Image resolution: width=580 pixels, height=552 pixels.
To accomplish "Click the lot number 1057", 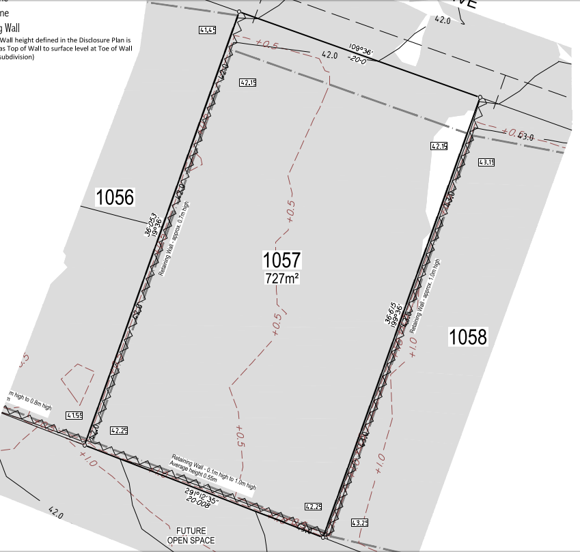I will coord(281,260).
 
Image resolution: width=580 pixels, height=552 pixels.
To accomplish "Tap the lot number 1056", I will coord(115,198).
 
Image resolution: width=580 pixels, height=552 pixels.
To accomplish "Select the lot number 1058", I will coord(468,336).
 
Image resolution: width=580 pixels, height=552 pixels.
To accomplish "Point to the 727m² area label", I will coord(282,278).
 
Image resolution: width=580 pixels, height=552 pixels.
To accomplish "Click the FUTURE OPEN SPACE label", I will coord(191,536).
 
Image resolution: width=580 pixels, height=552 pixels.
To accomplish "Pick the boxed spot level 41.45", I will coord(208,30).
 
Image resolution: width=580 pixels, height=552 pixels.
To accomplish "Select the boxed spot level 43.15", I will coord(486,162).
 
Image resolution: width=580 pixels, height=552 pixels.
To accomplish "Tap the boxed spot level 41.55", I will coord(74,415).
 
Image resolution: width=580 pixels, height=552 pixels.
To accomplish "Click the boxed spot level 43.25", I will coord(359,523).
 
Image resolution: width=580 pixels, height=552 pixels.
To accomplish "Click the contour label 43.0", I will coord(525,137).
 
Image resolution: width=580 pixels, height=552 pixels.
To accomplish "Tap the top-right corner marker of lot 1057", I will coord(480,98).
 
